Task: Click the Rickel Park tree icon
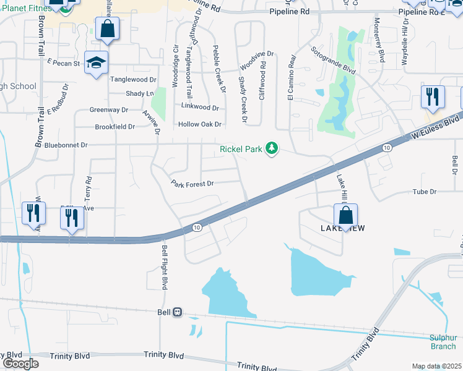pyautogui.click(x=271, y=148)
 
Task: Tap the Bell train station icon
pyautogui.click(x=178, y=312)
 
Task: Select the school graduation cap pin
pyautogui.click(x=97, y=62)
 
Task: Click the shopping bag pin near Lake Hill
pyautogui.click(x=346, y=216)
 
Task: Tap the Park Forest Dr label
pyautogui.click(x=193, y=184)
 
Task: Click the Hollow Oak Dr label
pyautogui.click(x=199, y=124)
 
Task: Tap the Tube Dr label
pyautogui.click(x=425, y=192)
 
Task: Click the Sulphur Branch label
pyautogui.click(x=443, y=342)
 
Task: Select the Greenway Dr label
pyautogui.click(x=108, y=110)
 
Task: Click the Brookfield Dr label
pyautogui.click(x=115, y=127)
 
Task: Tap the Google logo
pyautogui.click(x=20, y=364)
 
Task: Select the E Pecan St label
pyautogui.click(x=64, y=63)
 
